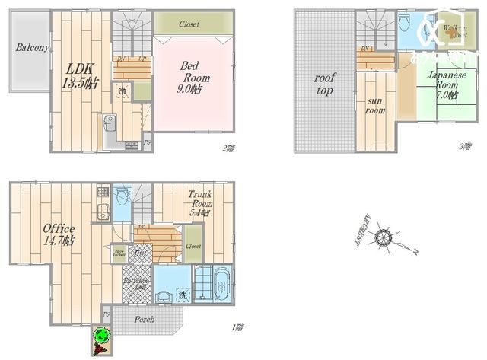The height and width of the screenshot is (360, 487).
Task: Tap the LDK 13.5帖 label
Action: [78, 75]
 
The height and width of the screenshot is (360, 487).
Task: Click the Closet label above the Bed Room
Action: [189, 24]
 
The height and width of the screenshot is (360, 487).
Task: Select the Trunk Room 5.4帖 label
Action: [200, 204]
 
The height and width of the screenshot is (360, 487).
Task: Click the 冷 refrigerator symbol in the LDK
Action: [122, 91]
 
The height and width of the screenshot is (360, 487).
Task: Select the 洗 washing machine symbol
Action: [183, 295]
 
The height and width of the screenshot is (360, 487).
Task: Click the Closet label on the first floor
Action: [193, 247]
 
